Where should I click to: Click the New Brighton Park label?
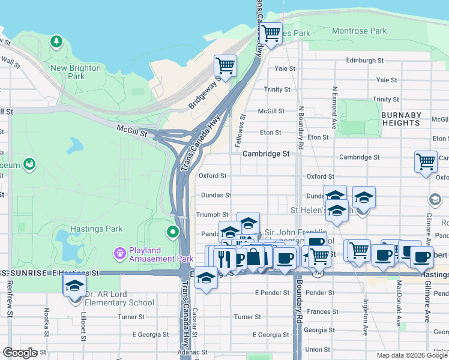point(76,72)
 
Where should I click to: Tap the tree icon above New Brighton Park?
point(56,41)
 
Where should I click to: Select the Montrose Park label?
point(359,31)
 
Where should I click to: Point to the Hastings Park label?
point(96,229)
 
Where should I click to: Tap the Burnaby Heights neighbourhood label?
point(400,119)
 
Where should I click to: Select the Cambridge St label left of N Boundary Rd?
point(266,154)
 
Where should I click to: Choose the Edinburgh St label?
point(364,61)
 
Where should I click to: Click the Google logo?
point(20,353)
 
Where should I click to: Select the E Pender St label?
point(268,292)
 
